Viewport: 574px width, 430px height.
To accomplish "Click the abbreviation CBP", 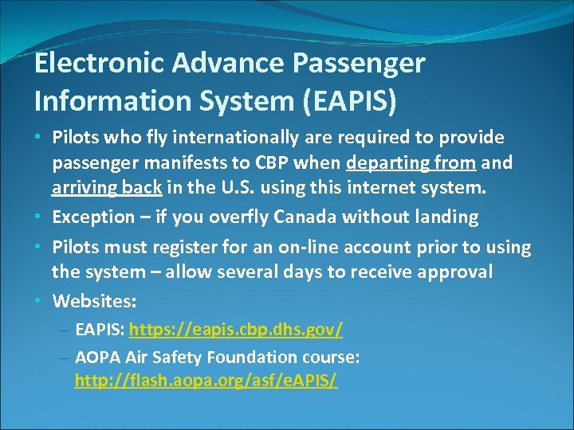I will click(278, 163).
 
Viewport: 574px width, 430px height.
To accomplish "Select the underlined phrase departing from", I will click(411, 163).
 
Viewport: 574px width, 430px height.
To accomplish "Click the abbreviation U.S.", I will click(217, 189).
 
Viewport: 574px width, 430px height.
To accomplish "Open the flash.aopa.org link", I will click(206, 381).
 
